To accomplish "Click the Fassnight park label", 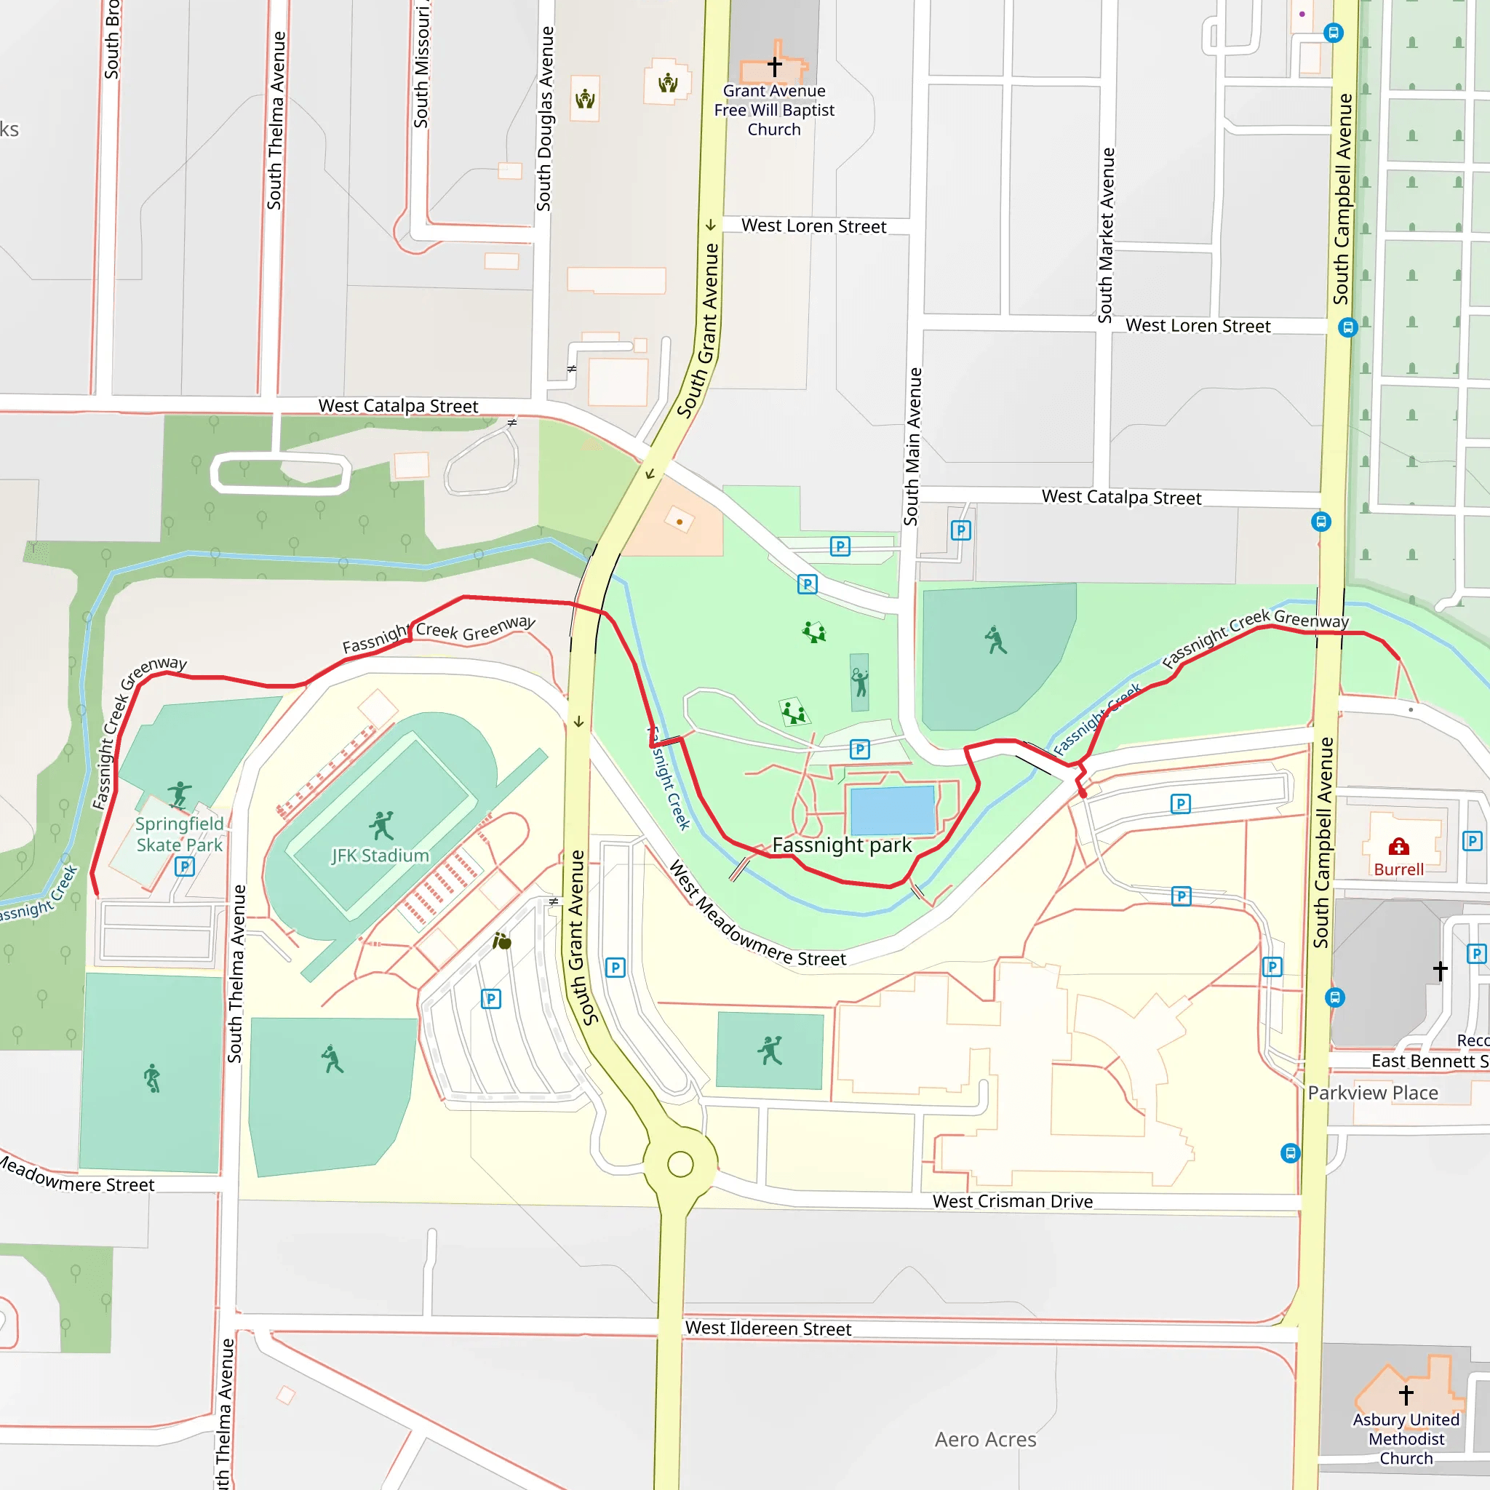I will click(x=842, y=845).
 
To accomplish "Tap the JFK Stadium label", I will click(x=380, y=856).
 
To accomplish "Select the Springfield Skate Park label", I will click(x=179, y=834).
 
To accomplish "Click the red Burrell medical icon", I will click(x=1398, y=848).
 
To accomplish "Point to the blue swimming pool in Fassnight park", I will click(x=891, y=810).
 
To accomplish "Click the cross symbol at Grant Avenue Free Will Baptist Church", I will click(x=774, y=66).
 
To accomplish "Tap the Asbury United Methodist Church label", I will click(x=1406, y=1438).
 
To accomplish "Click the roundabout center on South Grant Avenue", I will click(x=680, y=1164).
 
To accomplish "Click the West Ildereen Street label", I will click(x=768, y=1328).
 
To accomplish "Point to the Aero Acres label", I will click(x=985, y=1439).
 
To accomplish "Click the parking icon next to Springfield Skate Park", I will click(x=183, y=866).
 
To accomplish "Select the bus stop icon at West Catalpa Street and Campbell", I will click(x=1320, y=522).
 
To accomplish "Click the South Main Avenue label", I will click(x=912, y=447).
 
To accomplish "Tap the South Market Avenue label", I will click(x=1106, y=235).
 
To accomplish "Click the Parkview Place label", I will click(x=1372, y=1093).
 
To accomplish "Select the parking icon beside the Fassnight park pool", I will click(x=859, y=749).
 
